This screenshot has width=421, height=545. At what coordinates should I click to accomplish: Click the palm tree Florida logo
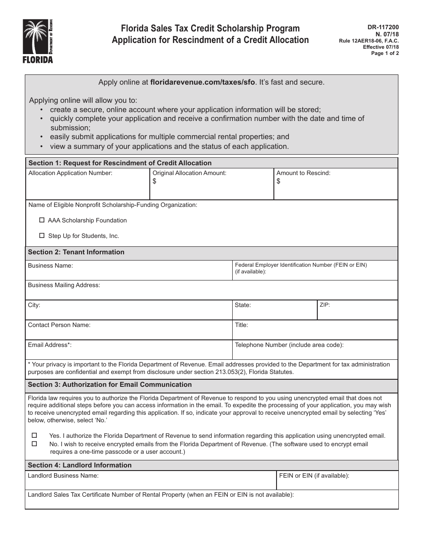[x=38, y=41]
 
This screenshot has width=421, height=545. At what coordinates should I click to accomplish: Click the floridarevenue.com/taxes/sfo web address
[x=203, y=82]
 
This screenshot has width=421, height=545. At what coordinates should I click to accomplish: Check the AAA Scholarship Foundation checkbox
[x=42, y=220]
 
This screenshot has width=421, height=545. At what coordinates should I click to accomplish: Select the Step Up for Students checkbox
[x=42, y=236]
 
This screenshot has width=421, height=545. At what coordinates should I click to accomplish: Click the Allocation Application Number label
[x=70, y=173]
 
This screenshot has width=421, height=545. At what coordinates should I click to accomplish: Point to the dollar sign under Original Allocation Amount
[x=155, y=181]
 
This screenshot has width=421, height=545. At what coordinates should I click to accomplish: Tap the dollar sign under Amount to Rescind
[x=278, y=181]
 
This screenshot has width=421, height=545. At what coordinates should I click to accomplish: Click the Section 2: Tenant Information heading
[x=76, y=252]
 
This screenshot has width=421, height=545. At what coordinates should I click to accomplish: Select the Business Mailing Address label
[x=64, y=285]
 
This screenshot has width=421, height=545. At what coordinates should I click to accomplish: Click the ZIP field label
[x=324, y=305]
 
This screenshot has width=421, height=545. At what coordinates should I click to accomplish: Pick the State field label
[x=243, y=305]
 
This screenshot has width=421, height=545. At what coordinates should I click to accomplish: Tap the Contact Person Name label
[x=59, y=325]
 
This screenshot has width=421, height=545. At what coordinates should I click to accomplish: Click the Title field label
[x=242, y=325]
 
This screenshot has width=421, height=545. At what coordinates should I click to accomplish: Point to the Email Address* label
[x=50, y=345]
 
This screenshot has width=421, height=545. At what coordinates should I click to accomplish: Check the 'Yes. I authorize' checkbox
[x=35, y=436]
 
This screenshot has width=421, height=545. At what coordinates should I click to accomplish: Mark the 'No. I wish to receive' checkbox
[x=35, y=444]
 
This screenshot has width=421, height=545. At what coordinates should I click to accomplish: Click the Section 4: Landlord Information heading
[x=80, y=465]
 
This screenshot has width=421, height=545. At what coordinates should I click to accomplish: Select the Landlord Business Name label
[x=63, y=475]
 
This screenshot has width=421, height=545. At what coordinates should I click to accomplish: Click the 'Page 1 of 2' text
[x=385, y=53]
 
